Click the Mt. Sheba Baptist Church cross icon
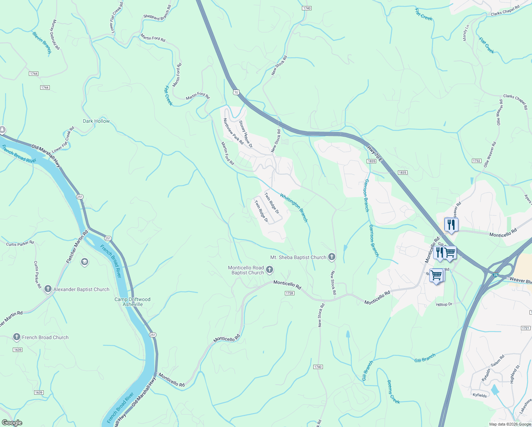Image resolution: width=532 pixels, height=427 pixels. (x=331, y=257)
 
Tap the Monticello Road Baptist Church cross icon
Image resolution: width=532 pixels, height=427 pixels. (x=270, y=270)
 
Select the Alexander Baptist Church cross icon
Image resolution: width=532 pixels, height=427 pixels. (x=48, y=289)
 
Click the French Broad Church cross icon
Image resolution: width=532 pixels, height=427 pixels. (x=16, y=337)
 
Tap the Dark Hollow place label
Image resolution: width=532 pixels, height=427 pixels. (x=96, y=121)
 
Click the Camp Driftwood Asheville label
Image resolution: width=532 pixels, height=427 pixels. (x=132, y=302)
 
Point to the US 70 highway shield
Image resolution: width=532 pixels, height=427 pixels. (x=236, y=92)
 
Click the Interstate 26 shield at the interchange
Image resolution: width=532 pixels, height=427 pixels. (x=496, y=275)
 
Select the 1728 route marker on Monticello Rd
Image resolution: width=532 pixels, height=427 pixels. (x=289, y=293)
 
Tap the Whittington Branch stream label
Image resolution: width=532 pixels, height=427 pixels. (x=293, y=208)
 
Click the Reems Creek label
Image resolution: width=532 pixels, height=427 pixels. (x=393, y=392)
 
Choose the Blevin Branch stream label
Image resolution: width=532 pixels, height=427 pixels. (x=42, y=42)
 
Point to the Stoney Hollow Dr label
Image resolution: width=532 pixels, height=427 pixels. (x=245, y=134)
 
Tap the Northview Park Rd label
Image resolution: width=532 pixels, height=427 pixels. (x=233, y=131)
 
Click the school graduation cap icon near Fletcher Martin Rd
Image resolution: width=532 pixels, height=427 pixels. (x=84, y=262)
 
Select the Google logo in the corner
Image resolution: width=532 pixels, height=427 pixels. (x=12, y=422)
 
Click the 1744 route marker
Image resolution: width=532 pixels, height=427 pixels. (x=34, y=74)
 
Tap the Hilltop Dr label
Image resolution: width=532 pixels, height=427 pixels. (x=444, y=304)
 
